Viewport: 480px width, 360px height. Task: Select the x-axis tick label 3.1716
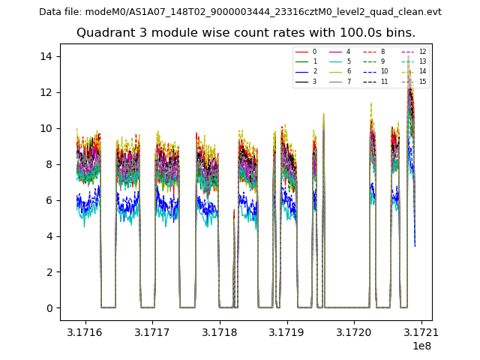85,331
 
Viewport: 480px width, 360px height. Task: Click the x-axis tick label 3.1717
153,331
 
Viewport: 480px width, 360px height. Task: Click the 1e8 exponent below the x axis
421,346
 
